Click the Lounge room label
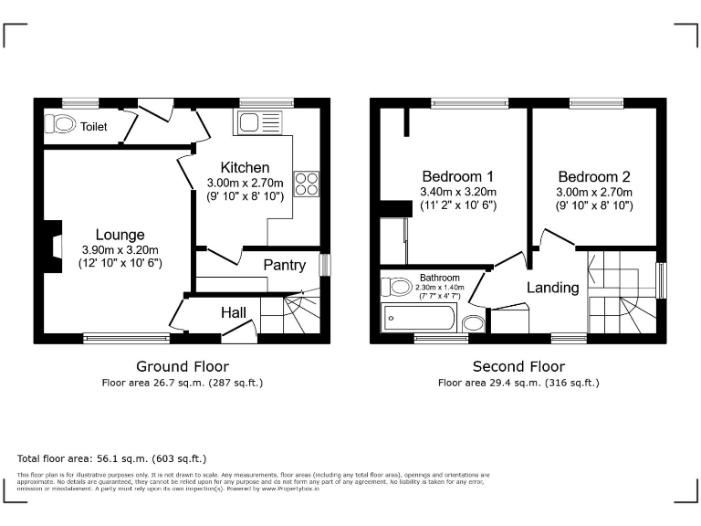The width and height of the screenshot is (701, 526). tap(120, 235)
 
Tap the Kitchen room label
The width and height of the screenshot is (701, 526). tap(245, 167)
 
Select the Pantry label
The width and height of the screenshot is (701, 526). tap(284, 265)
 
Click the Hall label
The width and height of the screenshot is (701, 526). tap(234, 312)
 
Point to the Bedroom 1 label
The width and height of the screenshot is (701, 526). tap(457, 176)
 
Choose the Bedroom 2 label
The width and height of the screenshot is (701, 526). tap(594, 176)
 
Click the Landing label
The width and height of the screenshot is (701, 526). tap(552, 288)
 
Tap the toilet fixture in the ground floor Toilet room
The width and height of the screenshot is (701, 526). tap(63, 123)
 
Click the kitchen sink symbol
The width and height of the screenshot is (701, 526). tap(263, 122)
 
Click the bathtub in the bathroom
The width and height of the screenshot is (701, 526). tap(419, 319)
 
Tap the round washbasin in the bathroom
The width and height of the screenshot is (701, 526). tap(473, 323)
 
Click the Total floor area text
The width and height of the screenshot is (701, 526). tap(112, 458)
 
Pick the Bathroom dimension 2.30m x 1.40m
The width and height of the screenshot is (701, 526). tap(439, 287)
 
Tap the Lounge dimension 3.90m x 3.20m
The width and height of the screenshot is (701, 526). tap(120, 250)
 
